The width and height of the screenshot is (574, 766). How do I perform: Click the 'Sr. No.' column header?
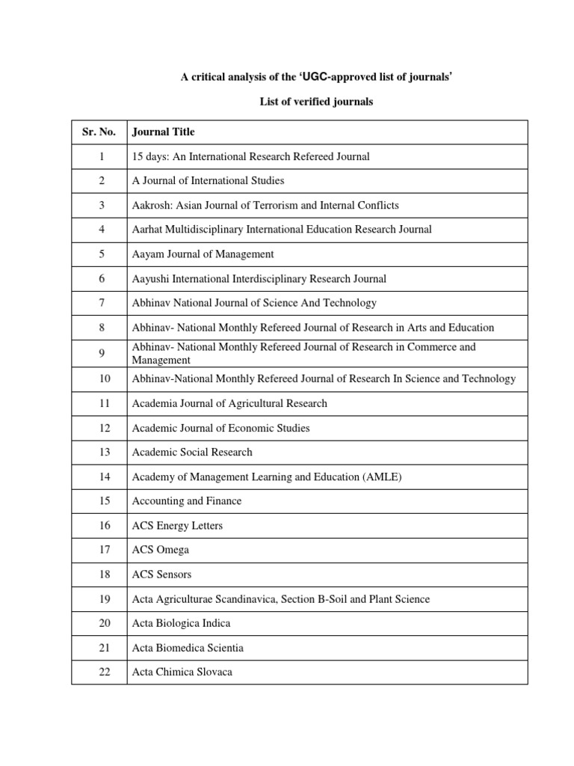point(99,132)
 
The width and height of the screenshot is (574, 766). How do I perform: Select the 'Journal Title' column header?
point(163,132)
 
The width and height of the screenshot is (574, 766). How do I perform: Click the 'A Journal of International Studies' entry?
point(208,181)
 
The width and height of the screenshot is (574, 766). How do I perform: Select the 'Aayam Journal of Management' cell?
point(203,254)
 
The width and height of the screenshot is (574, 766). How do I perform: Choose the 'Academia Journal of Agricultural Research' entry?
point(229,404)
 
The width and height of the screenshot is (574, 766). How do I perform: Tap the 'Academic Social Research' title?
point(192,453)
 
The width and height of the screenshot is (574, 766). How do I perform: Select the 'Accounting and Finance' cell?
point(187,501)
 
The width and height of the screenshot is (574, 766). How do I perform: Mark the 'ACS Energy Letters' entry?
point(177,526)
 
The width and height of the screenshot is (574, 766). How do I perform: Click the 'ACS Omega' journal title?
point(160,550)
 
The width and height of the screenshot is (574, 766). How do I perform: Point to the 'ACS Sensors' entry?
point(161,574)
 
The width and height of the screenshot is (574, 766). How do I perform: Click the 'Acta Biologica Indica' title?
point(181,623)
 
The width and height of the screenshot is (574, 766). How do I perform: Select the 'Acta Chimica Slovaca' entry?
point(182,672)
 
